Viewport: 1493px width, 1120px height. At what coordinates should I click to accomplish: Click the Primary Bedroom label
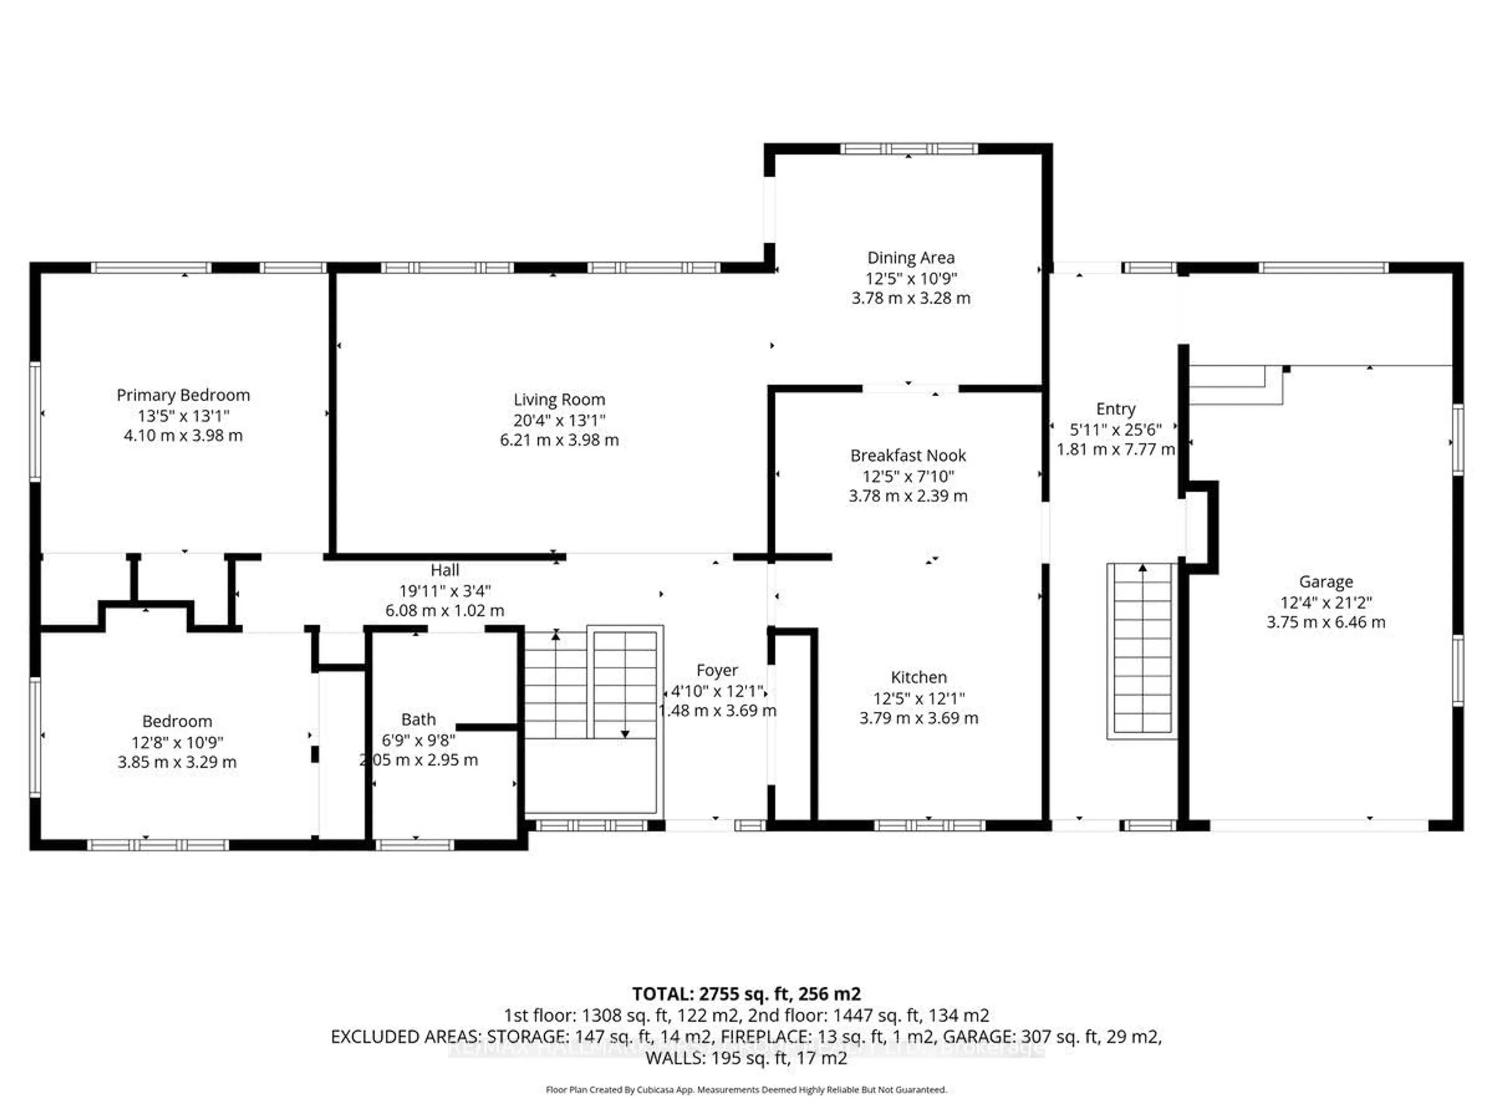coord(183,395)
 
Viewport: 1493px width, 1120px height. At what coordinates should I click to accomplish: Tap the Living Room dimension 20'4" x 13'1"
coord(559,420)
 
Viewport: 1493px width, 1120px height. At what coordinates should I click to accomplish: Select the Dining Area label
coord(911,258)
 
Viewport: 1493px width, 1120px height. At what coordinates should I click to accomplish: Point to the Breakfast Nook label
coord(908,456)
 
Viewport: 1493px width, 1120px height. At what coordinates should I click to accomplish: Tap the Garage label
coord(1325,581)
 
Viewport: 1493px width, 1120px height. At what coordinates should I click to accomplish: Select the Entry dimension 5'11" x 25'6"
coord(1115,429)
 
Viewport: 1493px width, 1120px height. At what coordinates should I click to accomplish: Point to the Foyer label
coord(717,670)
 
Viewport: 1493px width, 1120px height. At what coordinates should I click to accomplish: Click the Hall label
coord(445,570)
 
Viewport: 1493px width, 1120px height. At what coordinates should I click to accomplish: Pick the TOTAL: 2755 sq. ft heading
coord(746,994)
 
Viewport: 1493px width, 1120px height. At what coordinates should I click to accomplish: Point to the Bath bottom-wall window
coord(414,845)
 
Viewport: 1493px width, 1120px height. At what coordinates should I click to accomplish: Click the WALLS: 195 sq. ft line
coord(746,1058)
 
